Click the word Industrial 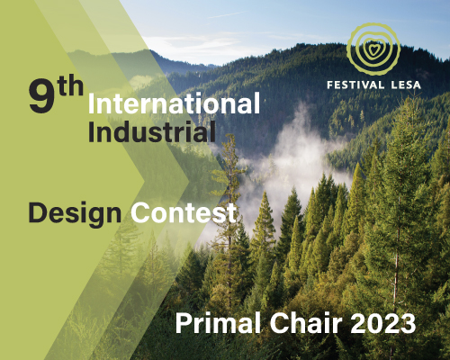(151, 133)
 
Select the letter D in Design (38, 213)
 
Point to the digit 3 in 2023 (407, 321)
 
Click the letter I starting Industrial (91, 133)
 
